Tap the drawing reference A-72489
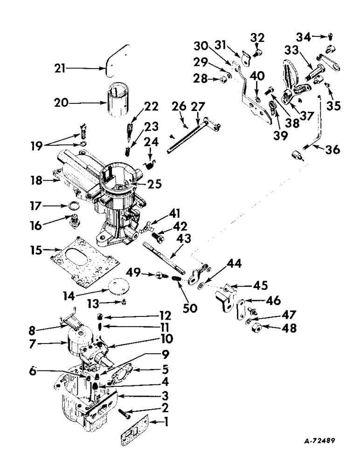317,440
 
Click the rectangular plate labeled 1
134,430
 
